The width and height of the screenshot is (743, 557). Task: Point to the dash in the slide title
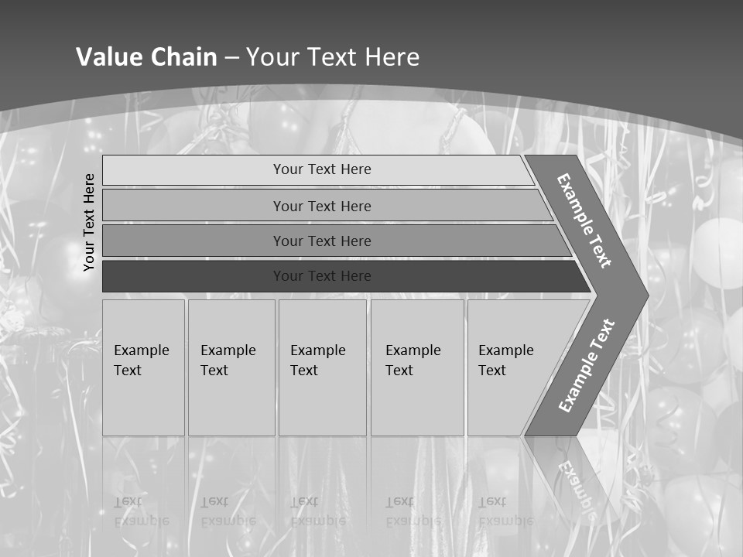tap(231, 58)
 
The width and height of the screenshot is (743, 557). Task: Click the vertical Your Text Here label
tap(89, 222)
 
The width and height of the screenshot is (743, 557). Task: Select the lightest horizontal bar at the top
tap(321, 169)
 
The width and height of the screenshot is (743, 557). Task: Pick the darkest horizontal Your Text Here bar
tap(321, 276)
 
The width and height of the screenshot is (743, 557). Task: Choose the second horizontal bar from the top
tap(321, 206)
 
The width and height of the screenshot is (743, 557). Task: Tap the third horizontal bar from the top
tap(321, 241)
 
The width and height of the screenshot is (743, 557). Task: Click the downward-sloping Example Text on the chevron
tap(584, 220)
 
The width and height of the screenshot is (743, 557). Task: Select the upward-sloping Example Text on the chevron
tap(586, 365)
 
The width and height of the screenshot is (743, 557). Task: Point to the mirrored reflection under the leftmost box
tap(141, 511)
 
